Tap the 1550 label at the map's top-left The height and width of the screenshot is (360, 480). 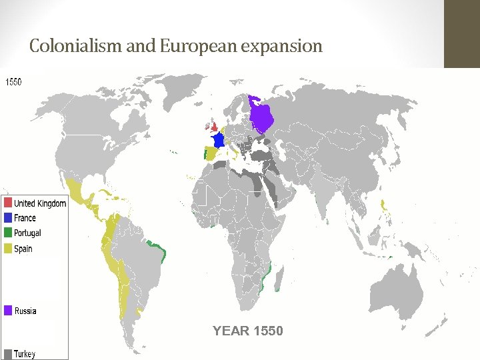pos(13,82)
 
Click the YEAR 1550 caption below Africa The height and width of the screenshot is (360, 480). pos(247,331)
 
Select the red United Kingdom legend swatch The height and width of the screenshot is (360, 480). pos(7,203)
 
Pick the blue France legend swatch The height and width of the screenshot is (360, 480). pos(7,218)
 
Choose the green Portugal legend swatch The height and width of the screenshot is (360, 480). pos(7,233)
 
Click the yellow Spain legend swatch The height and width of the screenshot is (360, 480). pos(7,249)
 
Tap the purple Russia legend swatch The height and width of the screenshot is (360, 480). pos(7,311)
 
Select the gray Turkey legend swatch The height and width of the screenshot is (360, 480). pos(7,353)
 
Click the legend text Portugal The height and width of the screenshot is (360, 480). pos(27,233)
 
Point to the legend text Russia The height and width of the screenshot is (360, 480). pos(25,311)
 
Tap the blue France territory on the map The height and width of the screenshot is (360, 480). pos(217,141)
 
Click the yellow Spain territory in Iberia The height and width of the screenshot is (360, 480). pos(211,154)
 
